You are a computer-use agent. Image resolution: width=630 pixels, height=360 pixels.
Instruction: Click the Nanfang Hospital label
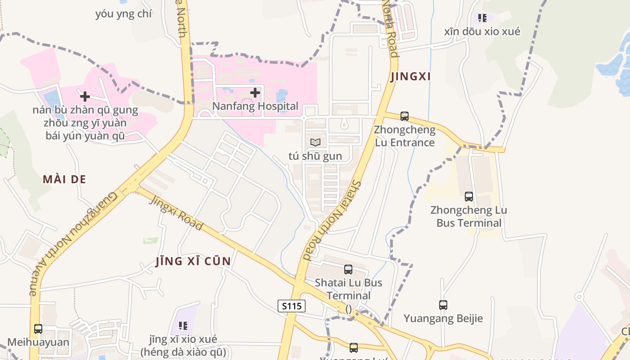click(255, 106)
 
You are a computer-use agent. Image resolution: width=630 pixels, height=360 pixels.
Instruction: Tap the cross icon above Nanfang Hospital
click(255, 93)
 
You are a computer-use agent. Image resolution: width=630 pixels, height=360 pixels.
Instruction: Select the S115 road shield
click(292, 306)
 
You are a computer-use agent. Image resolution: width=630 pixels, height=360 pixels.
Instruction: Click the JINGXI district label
click(411, 76)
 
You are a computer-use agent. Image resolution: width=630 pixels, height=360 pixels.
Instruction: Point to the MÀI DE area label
click(64, 179)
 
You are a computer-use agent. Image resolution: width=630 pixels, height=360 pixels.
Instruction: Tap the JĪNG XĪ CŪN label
click(193, 261)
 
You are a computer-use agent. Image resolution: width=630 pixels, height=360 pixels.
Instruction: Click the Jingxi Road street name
click(176, 212)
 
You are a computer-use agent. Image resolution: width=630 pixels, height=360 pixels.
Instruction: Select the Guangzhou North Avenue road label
click(74, 243)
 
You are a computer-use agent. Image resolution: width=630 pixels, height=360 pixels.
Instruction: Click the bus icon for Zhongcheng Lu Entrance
click(405, 116)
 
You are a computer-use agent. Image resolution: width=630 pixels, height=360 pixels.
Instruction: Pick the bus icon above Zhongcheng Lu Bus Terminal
click(469, 197)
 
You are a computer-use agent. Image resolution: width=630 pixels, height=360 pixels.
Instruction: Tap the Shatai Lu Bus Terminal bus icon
click(348, 270)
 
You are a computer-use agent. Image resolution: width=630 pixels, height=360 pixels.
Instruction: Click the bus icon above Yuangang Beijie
click(443, 305)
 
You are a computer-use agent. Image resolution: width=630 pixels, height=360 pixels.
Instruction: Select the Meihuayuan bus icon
click(38, 329)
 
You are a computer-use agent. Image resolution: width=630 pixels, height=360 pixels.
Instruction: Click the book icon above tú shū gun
click(315, 143)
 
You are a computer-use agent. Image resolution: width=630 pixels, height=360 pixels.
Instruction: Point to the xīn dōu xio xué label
click(482, 31)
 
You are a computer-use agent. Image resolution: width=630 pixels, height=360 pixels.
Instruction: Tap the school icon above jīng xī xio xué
click(183, 325)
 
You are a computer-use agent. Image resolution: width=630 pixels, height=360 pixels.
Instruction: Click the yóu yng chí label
click(124, 14)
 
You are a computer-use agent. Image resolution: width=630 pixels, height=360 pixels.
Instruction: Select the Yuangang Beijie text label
click(443, 319)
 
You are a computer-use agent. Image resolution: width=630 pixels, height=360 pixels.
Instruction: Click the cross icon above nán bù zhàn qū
click(85, 96)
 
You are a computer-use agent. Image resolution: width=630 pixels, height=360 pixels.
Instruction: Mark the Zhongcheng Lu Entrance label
click(405, 136)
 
